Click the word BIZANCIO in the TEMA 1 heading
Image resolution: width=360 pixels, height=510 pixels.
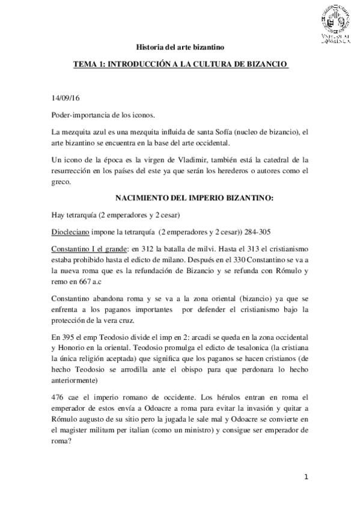tap(261, 63)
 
